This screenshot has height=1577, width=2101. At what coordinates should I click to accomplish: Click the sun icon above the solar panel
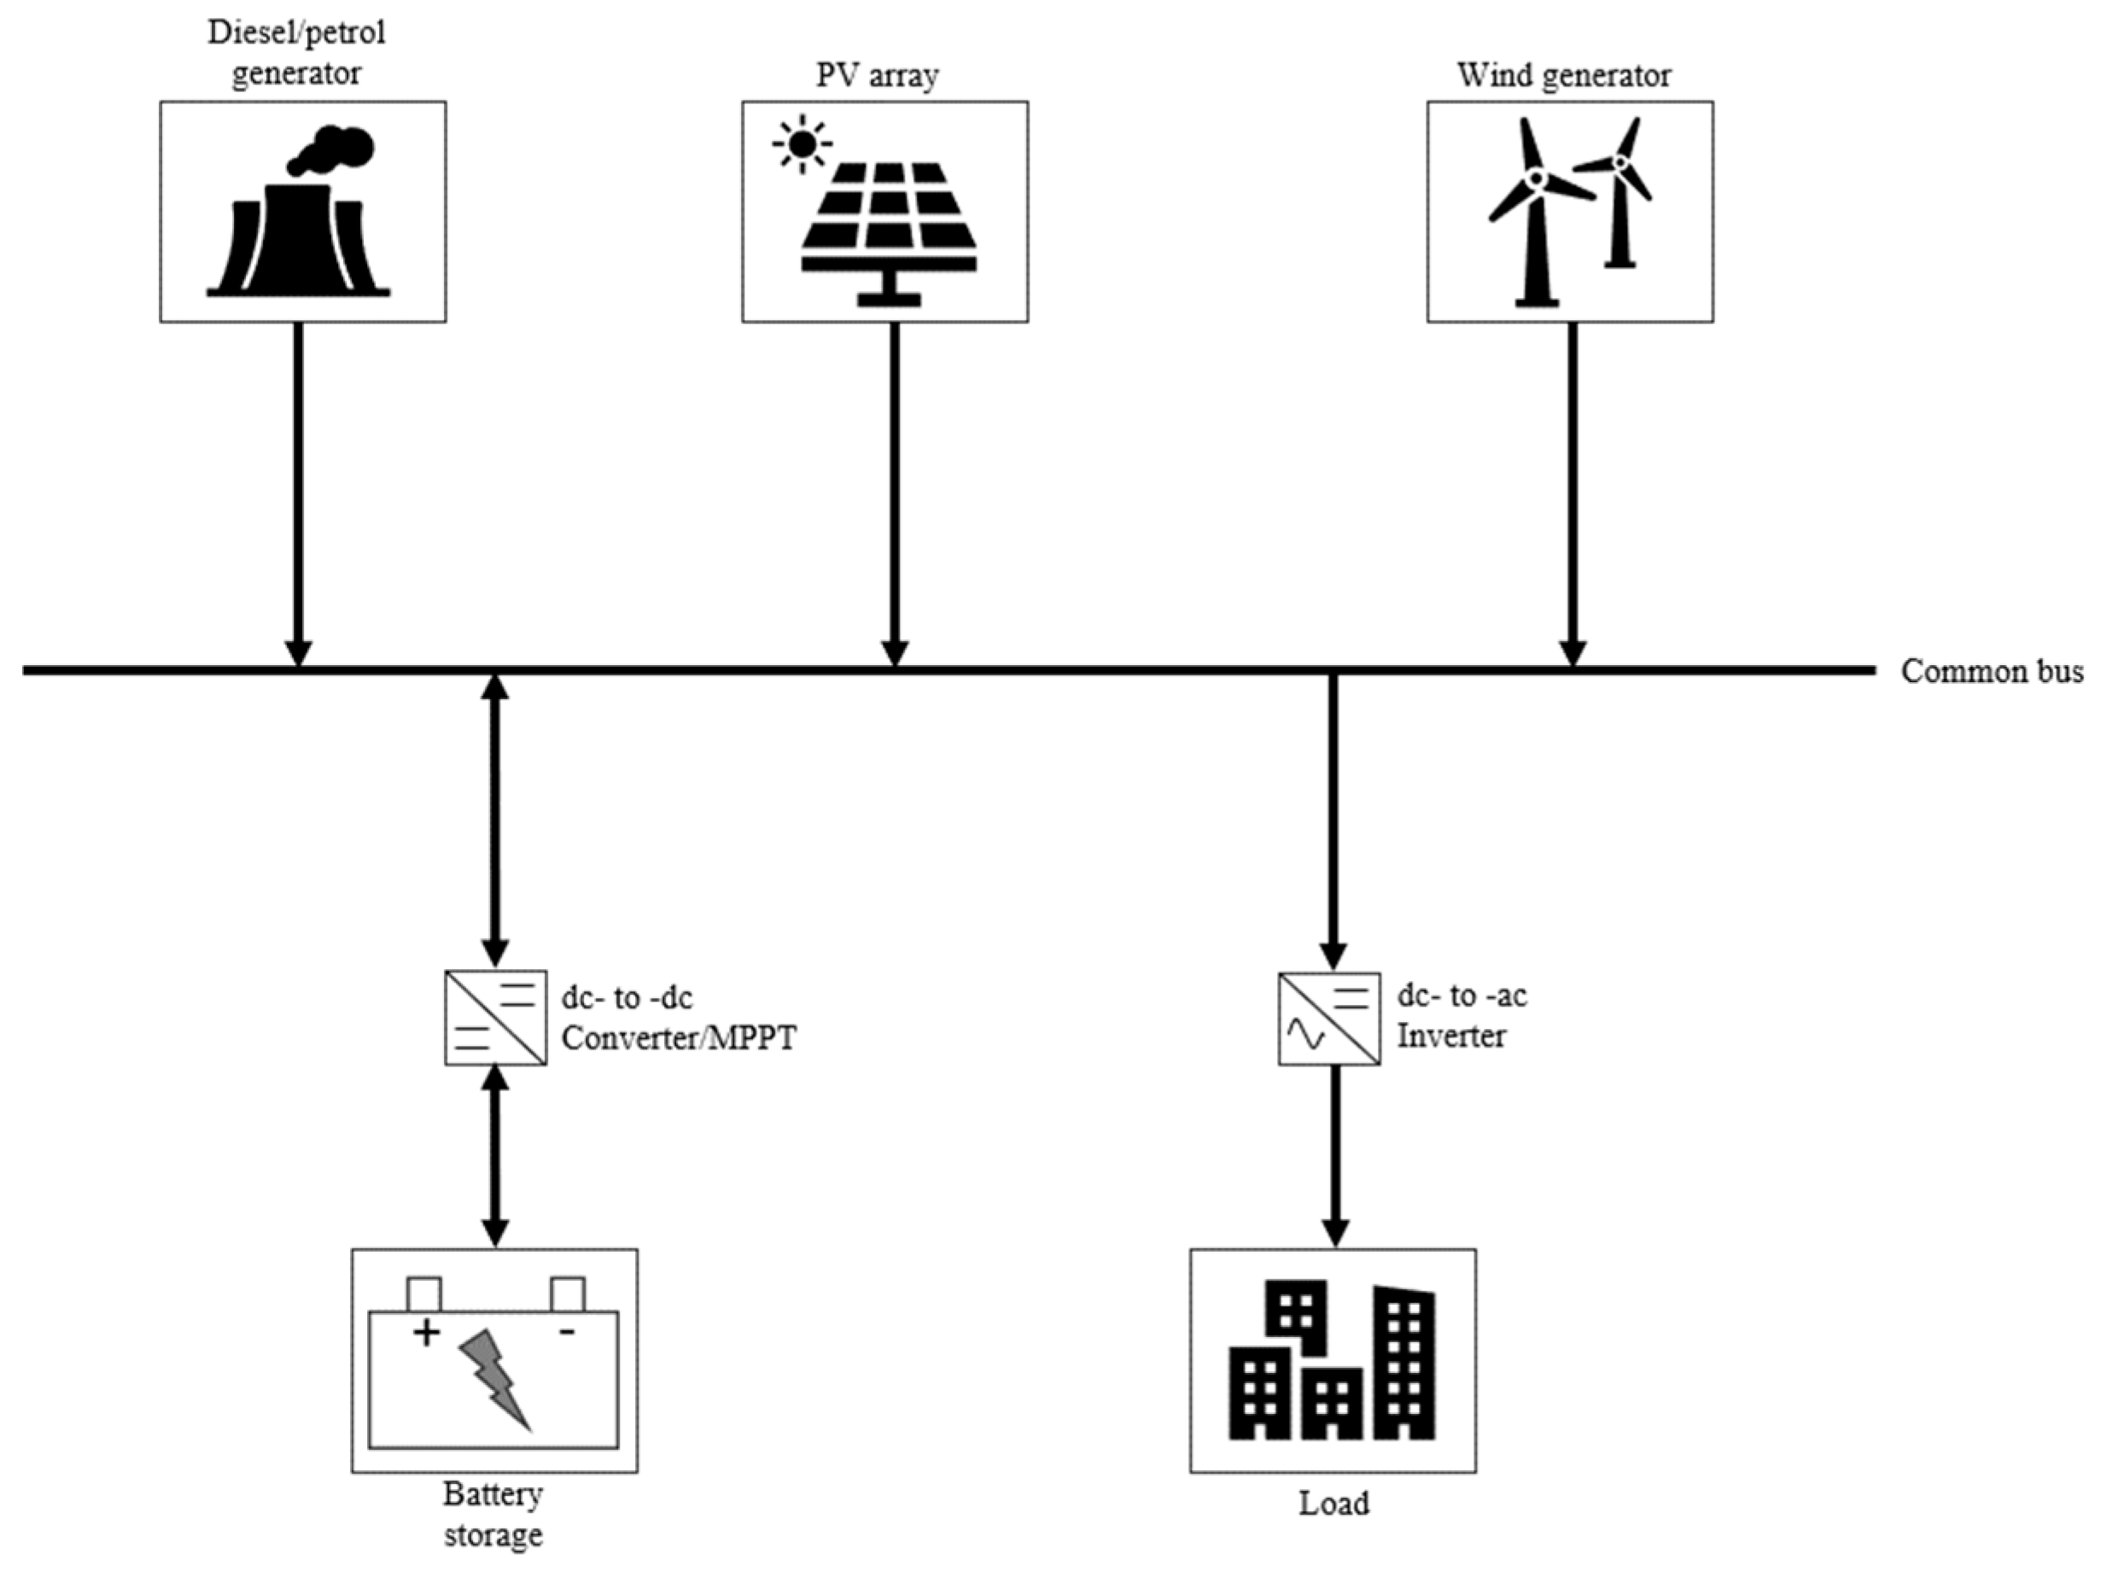(802, 144)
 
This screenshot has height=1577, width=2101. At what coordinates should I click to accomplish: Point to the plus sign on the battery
(427, 1333)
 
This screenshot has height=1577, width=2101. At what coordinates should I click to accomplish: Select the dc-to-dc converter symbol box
(495, 1017)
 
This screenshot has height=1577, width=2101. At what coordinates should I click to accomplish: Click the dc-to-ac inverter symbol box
(1328, 1019)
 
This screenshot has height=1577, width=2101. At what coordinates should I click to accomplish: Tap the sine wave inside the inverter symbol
(1305, 1035)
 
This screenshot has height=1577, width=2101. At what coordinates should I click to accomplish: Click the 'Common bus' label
(1991, 672)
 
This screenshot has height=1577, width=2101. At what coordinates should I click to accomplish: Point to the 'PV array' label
(877, 75)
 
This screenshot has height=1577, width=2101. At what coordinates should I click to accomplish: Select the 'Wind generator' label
(1563, 75)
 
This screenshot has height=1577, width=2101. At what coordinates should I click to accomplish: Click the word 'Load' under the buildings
(1334, 1503)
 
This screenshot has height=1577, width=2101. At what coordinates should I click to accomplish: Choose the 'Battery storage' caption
(493, 1515)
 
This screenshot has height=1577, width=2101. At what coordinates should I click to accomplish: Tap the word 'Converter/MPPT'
(678, 1037)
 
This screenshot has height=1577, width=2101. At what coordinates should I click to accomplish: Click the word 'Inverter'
(1450, 1036)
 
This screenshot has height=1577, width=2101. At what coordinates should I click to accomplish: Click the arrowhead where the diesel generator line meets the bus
(298, 654)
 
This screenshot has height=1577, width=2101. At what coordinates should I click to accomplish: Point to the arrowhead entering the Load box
(1334, 1232)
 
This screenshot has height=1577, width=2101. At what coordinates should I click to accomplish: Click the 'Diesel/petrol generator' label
(296, 53)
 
